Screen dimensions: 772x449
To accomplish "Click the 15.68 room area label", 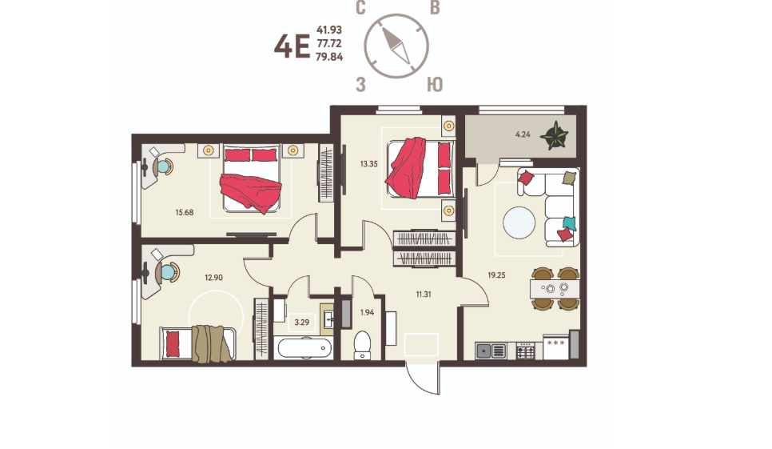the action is tap(184, 212).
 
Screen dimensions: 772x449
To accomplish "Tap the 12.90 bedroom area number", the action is tap(213, 278).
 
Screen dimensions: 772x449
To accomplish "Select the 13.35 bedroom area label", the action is tap(368, 164).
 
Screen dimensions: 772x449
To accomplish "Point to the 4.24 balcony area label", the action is tap(523, 134).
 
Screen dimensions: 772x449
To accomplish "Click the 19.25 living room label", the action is tap(496, 275).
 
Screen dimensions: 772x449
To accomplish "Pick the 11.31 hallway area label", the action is tap(424, 295).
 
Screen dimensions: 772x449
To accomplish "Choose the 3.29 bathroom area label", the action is tap(302, 323).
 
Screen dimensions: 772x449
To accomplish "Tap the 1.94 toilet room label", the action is tap(368, 312).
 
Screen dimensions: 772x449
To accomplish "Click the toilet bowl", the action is tap(362, 346).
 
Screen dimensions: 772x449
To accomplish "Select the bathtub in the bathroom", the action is tap(303, 348).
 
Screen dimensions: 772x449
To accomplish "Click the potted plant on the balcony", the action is tap(555, 135).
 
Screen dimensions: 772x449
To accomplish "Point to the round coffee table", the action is tap(519, 222).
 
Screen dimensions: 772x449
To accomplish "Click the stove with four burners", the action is tap(525, 351).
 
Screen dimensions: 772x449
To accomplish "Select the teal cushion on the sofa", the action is tap(569, 223).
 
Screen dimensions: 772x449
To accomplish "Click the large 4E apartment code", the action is tap(292, 47).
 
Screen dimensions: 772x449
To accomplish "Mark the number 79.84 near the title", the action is tap(329, 57).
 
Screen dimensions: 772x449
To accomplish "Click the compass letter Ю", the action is tap(435, 85).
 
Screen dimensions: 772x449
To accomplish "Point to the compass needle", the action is tap(396, 46).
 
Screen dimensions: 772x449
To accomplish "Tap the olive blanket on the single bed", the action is tap(212, 343).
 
